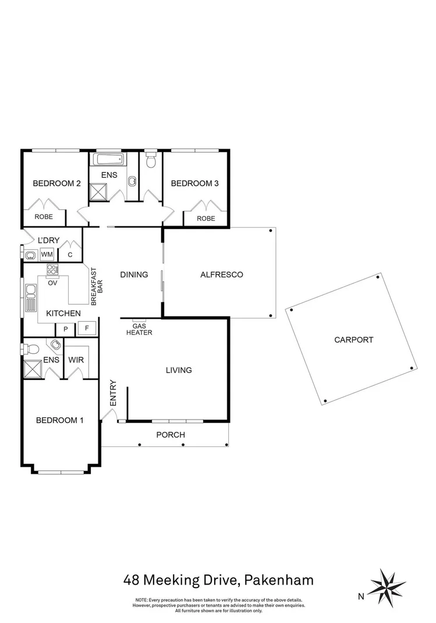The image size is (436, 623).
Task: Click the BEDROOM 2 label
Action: [x=56, y=184]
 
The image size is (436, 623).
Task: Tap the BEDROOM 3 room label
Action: [x=194, y=184]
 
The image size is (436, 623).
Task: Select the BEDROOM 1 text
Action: [x=59, y=420]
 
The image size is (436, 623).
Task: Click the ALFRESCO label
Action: [x=221, y=274]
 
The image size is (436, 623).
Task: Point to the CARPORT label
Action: [x=353, y=340]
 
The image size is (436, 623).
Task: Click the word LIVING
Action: [x=179, y=370]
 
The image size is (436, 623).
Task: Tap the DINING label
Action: [x=134, y=274]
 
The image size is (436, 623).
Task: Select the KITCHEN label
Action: [x=63, y=314]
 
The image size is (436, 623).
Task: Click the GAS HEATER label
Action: [x=139, y=329]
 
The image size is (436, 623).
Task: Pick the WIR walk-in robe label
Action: [x=76, y=360]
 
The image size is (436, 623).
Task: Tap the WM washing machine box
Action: [x=47, y=255]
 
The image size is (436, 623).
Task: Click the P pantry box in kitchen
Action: [x=66, y=329]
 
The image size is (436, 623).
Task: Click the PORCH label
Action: [x=171, y=435]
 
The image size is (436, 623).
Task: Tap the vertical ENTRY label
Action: [x=113, y=393]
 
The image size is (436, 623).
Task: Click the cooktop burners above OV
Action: [x=52, y=269]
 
